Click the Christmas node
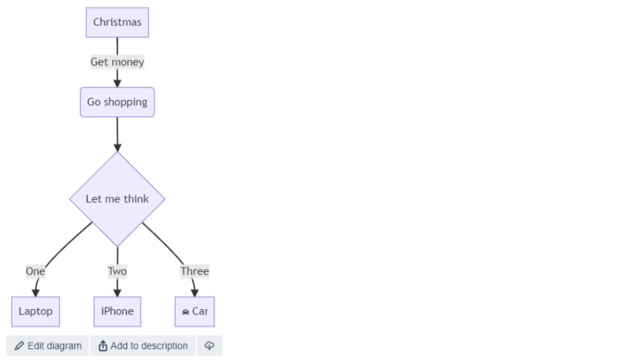tap(117, 23)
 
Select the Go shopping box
tap(117, 102)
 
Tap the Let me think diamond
tap(117, 199)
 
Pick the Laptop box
tap(36, 311)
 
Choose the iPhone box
tap(117, 311)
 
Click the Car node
tap(195, 311)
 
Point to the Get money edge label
tap(117, 62)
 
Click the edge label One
tap(36, 271)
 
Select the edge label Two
tap(117, 271)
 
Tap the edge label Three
tap(195, 271)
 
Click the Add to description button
tap(143, 345)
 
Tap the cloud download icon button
tap(209, 345)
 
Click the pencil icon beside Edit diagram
tap(20, 346)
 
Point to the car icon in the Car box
tap(185, 312)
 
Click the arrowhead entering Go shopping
tap(117, 83)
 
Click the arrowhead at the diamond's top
tap(117, 148)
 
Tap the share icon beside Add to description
tap(103, 345)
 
